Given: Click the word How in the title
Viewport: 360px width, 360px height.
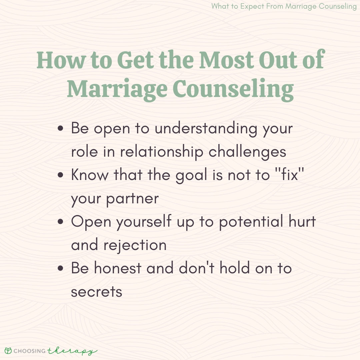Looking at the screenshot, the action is (61, 60).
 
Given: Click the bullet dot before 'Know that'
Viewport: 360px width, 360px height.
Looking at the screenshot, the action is (60, 175).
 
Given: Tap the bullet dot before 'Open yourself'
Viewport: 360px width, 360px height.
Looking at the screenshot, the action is (60, 222).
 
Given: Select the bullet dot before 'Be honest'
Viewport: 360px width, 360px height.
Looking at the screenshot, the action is (60, 268).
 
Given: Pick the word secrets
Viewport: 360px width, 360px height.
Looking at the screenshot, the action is (97, 292).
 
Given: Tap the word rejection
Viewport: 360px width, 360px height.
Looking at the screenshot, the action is (135, 245).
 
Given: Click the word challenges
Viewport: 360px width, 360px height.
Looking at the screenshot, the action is (247, 152).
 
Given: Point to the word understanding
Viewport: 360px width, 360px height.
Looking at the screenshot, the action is (206, 129).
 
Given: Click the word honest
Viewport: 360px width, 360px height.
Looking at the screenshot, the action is (118, 268).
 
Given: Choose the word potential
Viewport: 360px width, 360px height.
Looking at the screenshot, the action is (251, 222).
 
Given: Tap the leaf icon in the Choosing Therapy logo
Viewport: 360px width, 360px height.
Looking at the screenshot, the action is (8, 351).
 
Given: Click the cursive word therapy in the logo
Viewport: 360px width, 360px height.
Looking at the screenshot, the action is (72, 351).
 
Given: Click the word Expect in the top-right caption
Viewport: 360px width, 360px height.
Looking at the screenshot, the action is (252, 6).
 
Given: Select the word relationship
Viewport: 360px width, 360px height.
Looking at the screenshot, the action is (162, 152).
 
